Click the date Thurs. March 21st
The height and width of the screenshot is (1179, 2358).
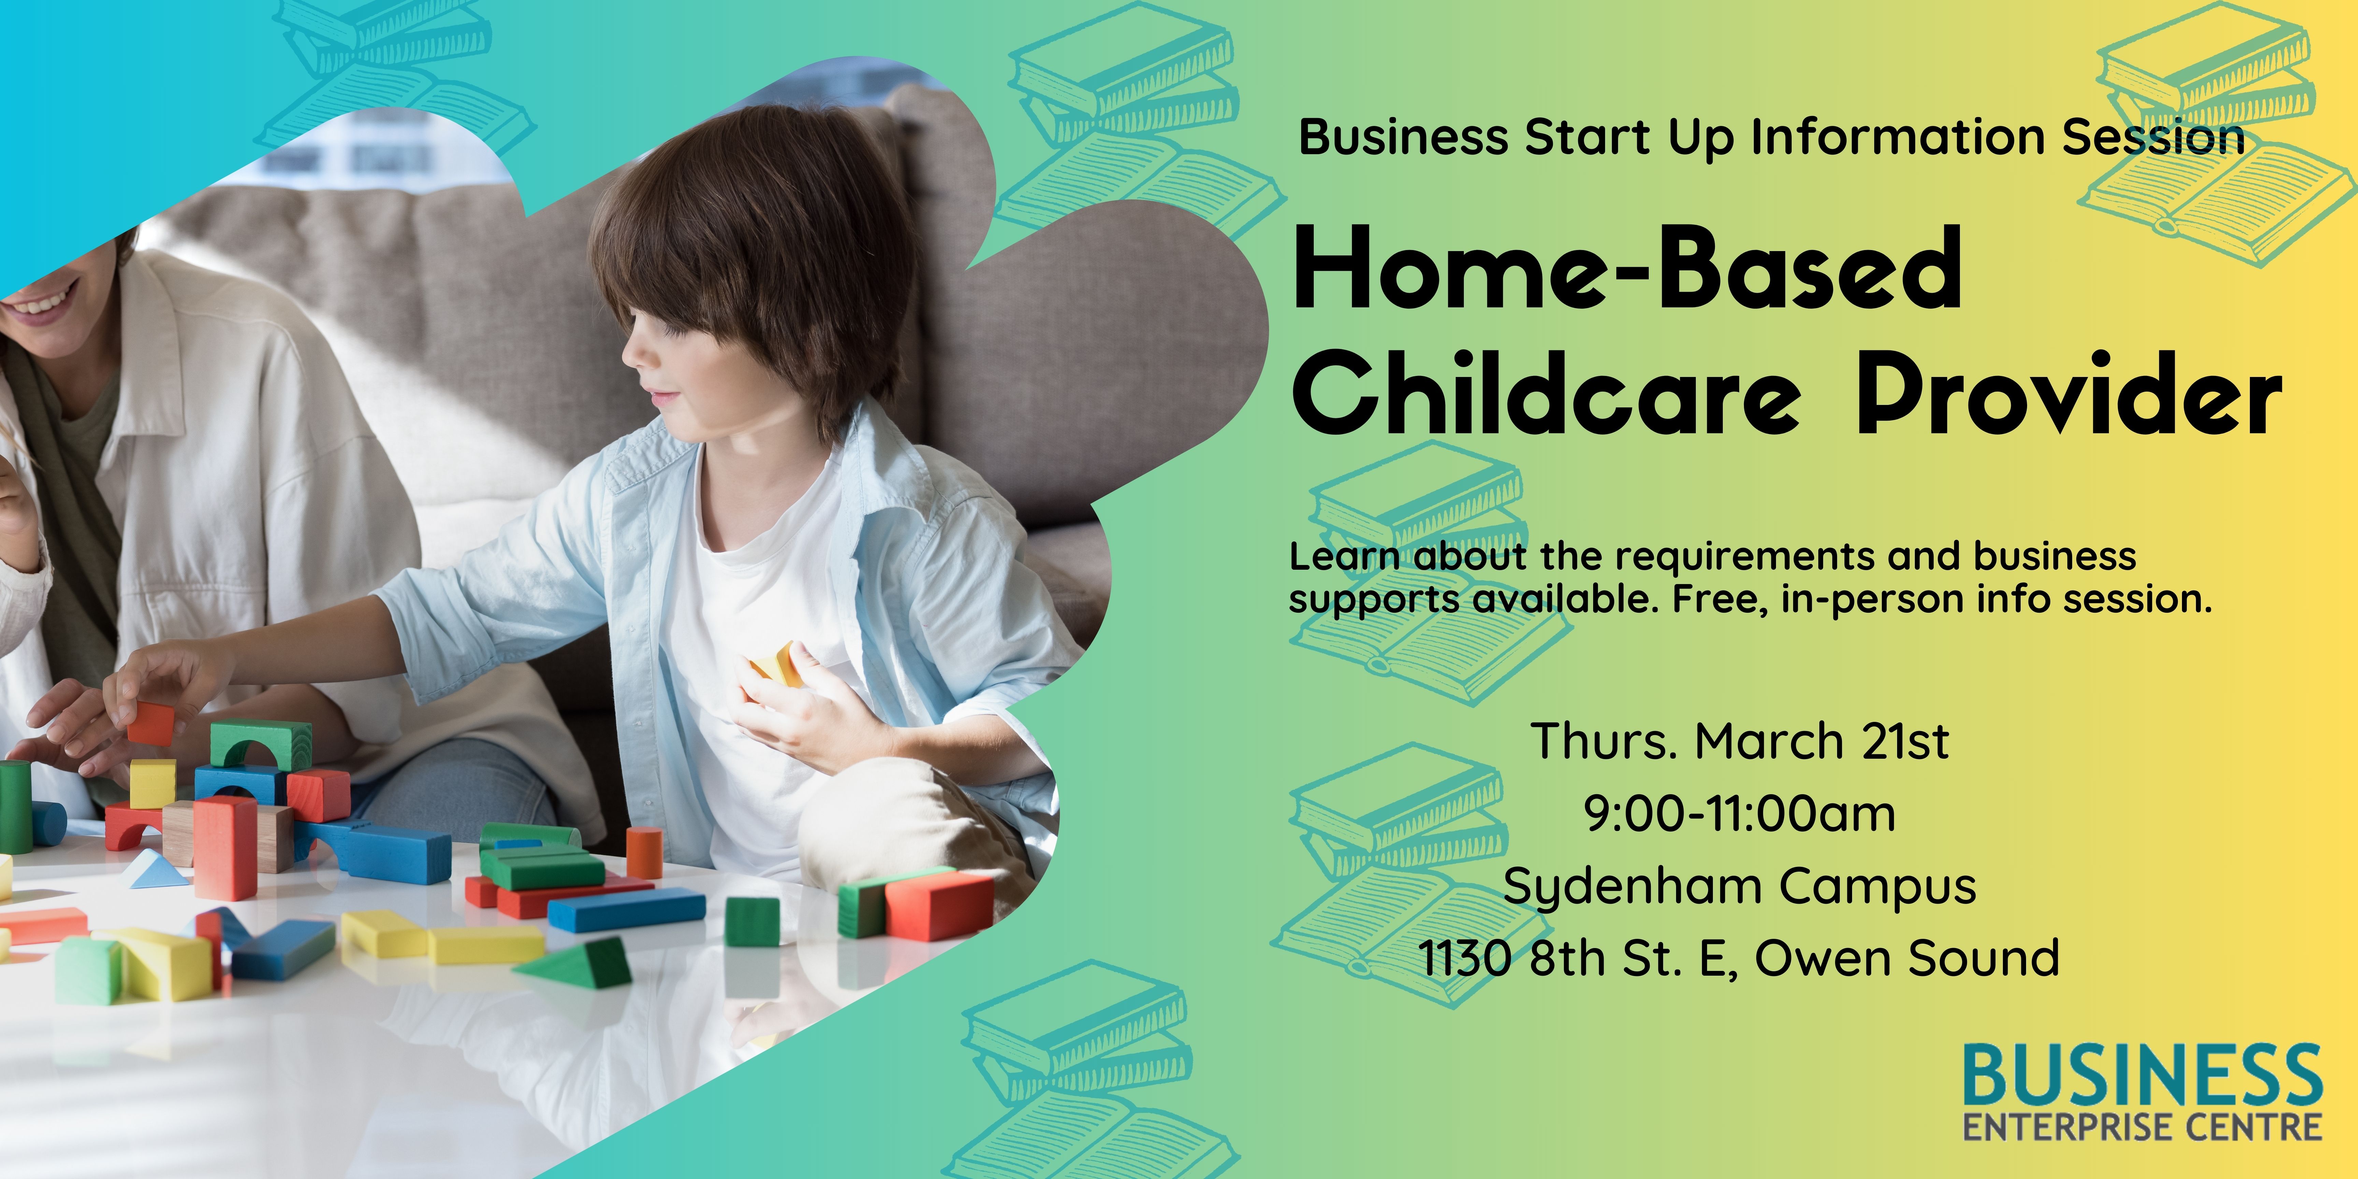(x=1739, y=741)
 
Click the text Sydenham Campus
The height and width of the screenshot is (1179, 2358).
(x=1739, y=886)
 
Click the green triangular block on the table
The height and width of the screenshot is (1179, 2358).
(x=586, y=963)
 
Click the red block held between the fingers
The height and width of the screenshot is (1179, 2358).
(x=151, y=723)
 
